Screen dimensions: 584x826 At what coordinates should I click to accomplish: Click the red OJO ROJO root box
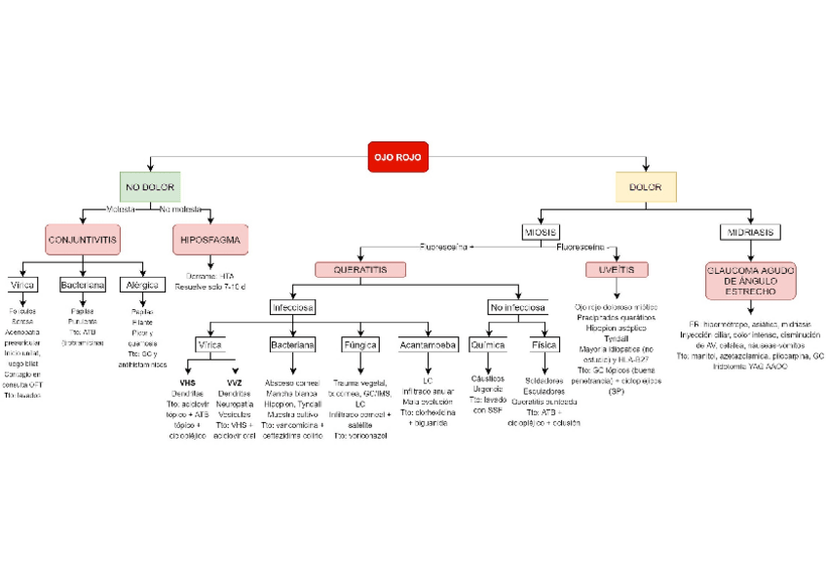point(398,156)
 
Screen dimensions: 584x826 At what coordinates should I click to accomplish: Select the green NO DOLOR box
point(148,186)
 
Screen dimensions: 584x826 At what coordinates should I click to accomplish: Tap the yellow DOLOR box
point(644,186)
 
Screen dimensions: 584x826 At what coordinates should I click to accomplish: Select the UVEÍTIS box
point(617,269)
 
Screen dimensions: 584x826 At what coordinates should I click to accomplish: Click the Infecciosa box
point(292,308)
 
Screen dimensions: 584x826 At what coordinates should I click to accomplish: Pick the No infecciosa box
point(518,308)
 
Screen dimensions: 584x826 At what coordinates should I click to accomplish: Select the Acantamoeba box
point(428,344)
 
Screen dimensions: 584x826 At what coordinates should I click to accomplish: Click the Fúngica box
point(359,344)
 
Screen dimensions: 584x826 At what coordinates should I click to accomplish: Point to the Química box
point(487,344)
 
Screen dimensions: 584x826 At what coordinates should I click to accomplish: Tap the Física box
point(543,344)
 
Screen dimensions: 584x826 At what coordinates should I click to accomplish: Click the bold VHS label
point(188,382)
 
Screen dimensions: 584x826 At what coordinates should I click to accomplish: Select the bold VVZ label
point(234,382)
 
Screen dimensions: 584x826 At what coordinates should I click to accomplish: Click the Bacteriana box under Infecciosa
point(291,344)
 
